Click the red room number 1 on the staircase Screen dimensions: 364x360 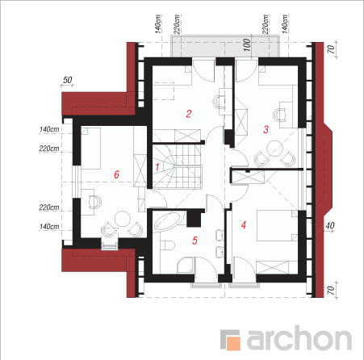157,167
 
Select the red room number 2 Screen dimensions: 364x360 189,114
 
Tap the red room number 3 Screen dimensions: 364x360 266,129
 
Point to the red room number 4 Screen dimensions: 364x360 244,224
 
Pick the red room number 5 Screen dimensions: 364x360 195,241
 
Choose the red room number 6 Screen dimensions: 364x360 116,174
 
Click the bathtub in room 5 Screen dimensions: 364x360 169,221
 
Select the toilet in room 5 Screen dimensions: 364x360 167,245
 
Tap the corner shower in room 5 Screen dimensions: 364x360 186,266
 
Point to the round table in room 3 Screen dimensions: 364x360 274,149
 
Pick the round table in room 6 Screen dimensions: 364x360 123,219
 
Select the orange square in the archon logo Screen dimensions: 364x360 233,342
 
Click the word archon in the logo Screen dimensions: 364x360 299,337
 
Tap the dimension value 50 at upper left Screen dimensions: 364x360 67,80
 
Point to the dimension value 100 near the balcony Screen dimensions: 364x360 247,44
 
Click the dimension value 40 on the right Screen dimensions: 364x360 330,225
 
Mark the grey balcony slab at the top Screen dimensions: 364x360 225,46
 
